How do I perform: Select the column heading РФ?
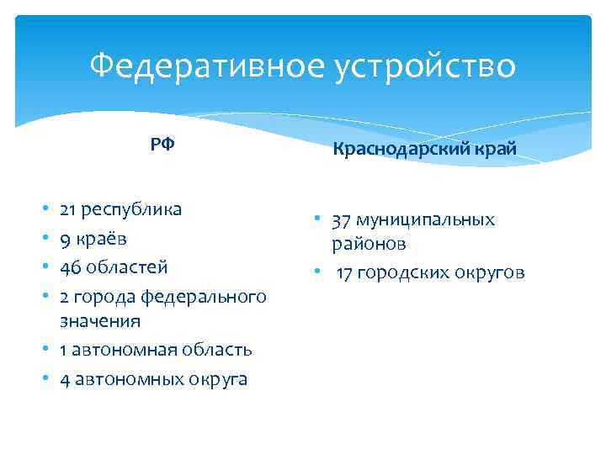162,145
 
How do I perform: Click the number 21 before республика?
69,209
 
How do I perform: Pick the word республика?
132,209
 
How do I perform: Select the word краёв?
102,238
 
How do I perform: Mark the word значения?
100,321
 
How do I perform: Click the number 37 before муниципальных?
341,220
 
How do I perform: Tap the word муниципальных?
425,220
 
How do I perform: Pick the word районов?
369,244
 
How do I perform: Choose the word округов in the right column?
494,272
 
